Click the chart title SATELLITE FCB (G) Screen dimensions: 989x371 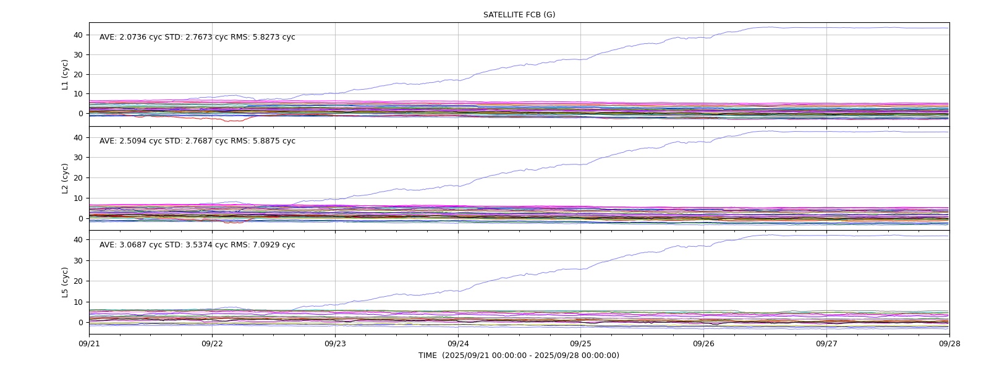519,15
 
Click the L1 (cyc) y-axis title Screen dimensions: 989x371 65,75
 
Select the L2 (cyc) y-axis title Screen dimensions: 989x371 65,179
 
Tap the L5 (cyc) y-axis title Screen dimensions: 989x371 65,282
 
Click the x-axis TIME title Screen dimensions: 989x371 519,355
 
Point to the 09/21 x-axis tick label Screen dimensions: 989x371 89,344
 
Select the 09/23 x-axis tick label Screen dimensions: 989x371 335,344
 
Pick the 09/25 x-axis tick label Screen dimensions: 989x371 580,344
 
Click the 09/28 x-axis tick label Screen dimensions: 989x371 949,344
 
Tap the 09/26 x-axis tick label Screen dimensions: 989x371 703,344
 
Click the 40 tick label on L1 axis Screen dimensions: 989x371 78,35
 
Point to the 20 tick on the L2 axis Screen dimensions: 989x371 78,177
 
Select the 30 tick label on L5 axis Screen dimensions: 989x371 78,260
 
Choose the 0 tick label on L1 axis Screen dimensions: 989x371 81,114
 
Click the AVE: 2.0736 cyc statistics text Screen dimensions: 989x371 130,37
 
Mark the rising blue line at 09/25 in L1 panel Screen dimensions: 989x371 580,59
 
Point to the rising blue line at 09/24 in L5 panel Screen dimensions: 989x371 458,291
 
